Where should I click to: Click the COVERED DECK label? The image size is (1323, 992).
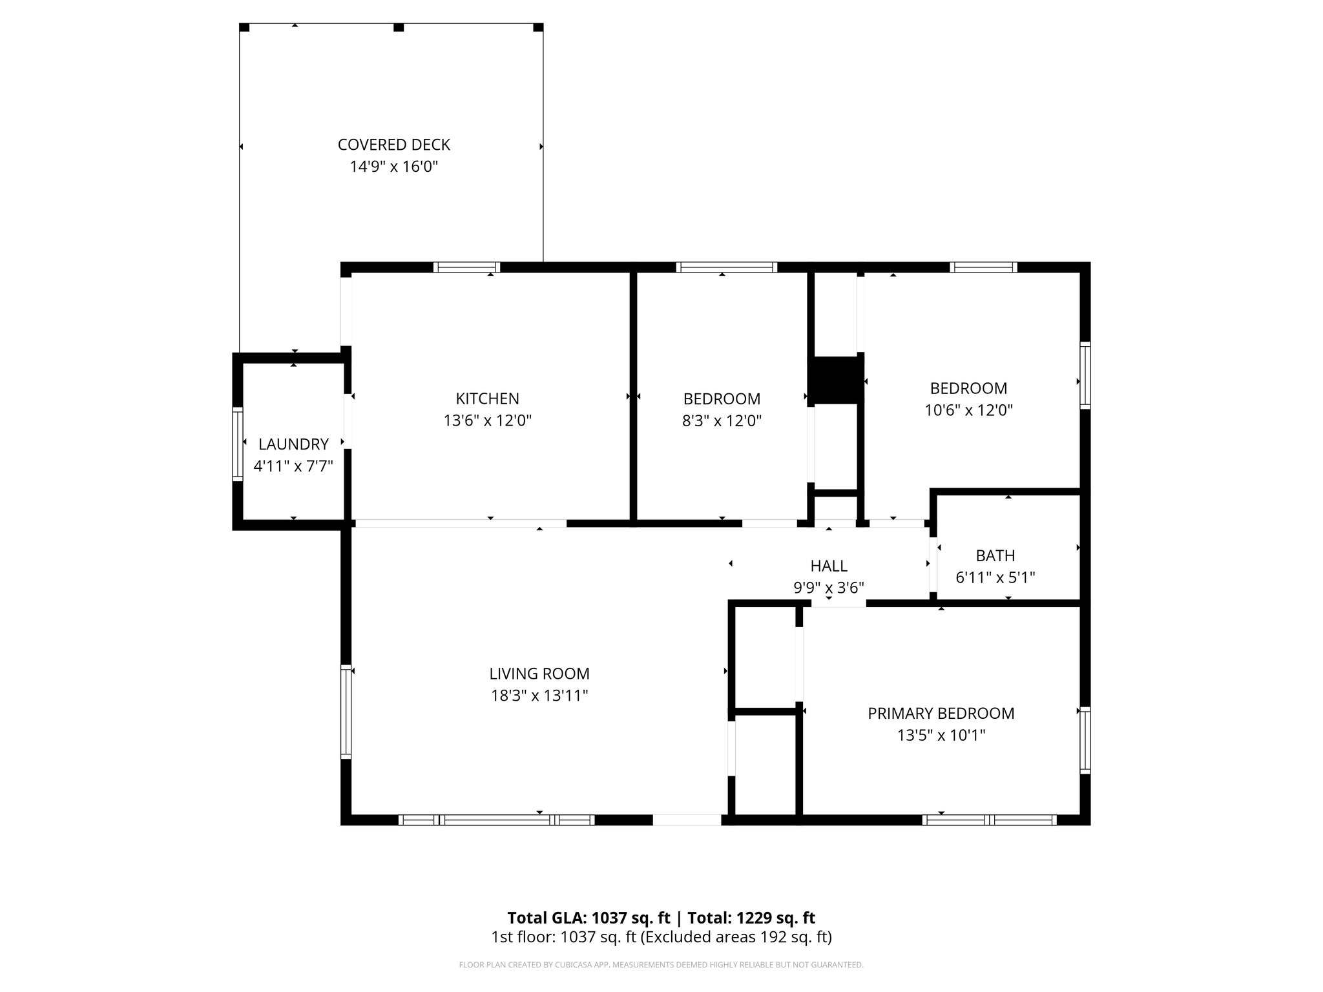[x=393, y=145]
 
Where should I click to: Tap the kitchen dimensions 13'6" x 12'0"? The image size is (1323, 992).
[x=487, y=421]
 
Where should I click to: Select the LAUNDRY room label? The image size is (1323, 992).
[x=293, y=444]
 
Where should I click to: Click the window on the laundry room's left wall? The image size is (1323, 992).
[x=238, y=444]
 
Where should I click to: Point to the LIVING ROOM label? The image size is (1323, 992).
[x=539, y=674]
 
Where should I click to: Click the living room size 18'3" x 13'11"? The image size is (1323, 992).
[x=539, y=696]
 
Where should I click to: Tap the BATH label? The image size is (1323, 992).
[x=995, y=555]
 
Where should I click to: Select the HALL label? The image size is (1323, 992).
[x=829, y=566]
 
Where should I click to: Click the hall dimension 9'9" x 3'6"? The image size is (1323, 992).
[x=829, y=588]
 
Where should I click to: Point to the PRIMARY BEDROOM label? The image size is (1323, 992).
[x=941, y=713]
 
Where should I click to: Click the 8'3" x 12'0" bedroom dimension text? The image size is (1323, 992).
[x=722, y=421]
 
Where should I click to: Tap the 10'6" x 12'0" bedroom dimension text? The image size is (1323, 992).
[x=968, y=410]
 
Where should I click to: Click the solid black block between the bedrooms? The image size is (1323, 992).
[x=836, y=380]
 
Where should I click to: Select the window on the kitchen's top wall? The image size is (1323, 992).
[x=466, y=267]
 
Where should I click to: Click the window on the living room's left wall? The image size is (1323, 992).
[x=346, y=711]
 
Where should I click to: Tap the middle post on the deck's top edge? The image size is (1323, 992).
[x=399, y=27]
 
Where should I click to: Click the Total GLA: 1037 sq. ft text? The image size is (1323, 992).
[x=589, y=918]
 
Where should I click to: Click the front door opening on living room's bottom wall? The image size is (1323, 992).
[x=687, y=820]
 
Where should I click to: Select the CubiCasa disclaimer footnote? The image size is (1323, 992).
[x=661, y=965]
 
